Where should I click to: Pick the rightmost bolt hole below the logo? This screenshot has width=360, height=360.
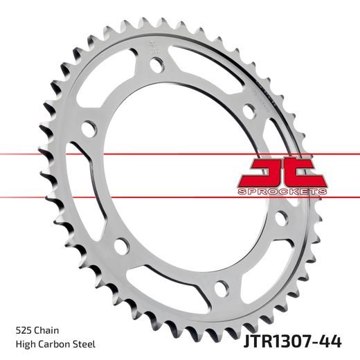pyautogui.click(x=281, y=217)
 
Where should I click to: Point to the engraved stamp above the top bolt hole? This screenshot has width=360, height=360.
pyautogui.click(x=152, y=47)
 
